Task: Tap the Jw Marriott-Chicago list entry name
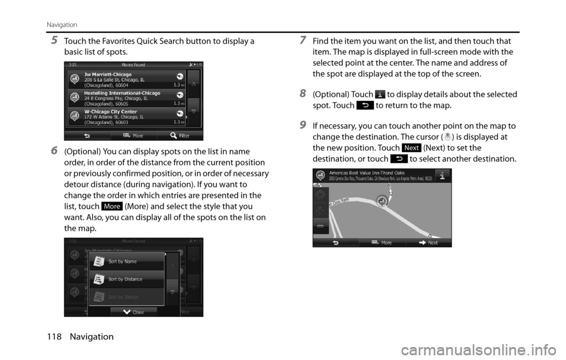click(108, 74)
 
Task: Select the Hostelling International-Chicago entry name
click(122, 93)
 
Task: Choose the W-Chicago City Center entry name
click(110, 111)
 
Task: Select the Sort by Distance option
click(126, 279)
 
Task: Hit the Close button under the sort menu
click(134, 312)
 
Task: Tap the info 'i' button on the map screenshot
click(442, 174)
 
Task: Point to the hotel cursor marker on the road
click(382, 202)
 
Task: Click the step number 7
click(302, 40)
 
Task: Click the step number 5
click(54, 40)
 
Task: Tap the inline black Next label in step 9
click(412, 147)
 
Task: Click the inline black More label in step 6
click(111, 207)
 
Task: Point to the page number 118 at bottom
click(52, 337)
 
